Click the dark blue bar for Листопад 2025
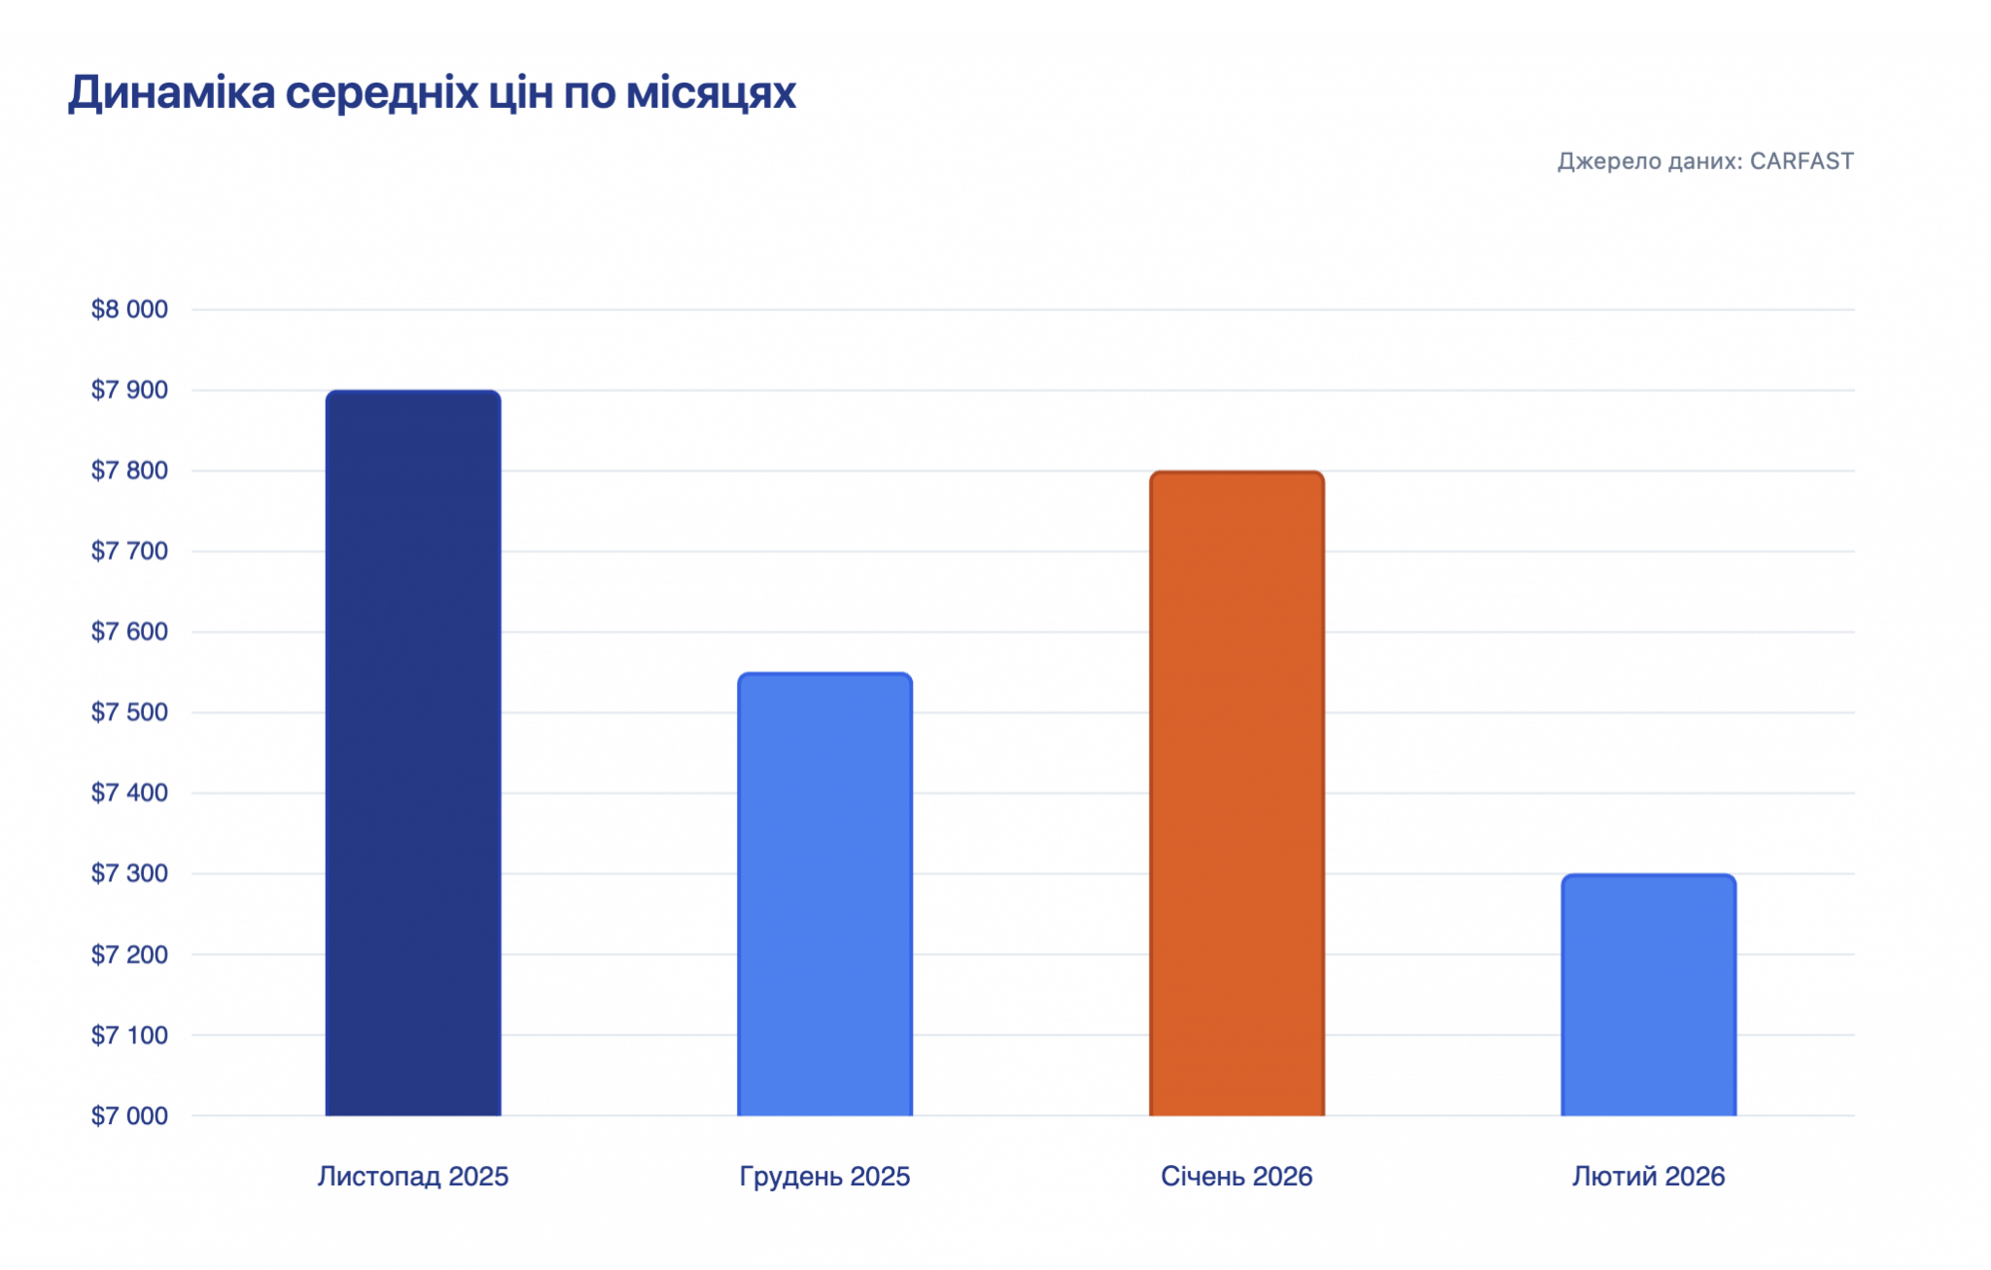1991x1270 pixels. pos(413,753)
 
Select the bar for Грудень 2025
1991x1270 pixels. pos(824,894)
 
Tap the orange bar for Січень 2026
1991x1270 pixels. pos(1237,794)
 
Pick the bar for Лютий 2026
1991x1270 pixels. pos(1648,995)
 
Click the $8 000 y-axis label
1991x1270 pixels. pos(129,309)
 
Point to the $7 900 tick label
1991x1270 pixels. pos(129,390)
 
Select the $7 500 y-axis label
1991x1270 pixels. pos(129,712)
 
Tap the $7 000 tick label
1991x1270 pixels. pos(129,1115)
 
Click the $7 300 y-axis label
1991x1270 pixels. pos(129,873)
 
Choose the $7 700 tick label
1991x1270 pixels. pos(129,551)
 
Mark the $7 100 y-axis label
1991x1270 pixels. pos(129,1035)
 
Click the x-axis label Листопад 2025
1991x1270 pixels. pos(413,1177)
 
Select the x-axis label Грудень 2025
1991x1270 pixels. pos(824,1177)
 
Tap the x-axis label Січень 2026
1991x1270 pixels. pos(1237,1177)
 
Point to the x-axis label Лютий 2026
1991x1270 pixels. pos(1648,1177)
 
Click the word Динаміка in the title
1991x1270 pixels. pos(171,93)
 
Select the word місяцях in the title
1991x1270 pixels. pos(711,93)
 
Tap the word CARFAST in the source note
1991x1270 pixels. pos(1801,161)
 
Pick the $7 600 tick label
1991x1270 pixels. pos(129,632)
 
